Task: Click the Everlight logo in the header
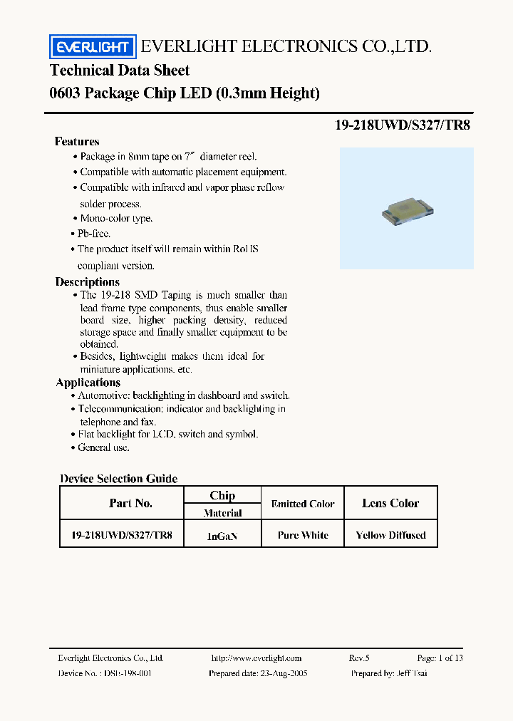[x=91, y=47]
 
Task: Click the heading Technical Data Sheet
[x=120, y=71]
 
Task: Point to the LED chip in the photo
[x=407, y=209]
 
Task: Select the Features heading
[x=77, y=142]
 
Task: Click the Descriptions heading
[x=88, y=282]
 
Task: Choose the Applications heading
[x=88, y=383]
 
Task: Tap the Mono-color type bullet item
[x=115, y=219]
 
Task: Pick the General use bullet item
[x=103, y=447]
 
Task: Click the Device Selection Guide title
[x=119, y=479]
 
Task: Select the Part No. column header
[x=130, y=503]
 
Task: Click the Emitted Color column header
[x=303, y=504]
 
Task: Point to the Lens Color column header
[x=390, y=503]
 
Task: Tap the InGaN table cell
[x=222, y=536]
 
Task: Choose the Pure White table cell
[x=304, y=535]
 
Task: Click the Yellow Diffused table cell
[x=390, y=535]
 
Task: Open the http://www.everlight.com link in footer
[x=256, y=658]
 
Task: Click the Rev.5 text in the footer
[x=359, y=658]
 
